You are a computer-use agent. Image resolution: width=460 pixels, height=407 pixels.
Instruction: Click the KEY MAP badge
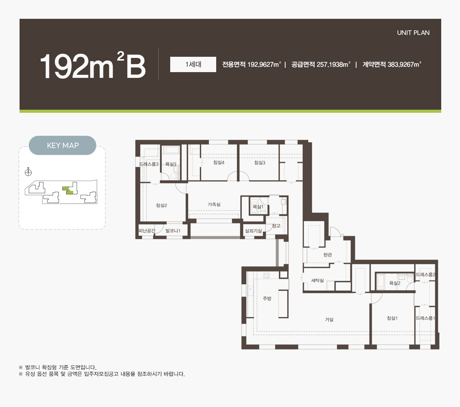(x=62, y=145)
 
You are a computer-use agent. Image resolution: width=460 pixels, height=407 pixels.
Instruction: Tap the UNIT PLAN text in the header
(x=413, y=33)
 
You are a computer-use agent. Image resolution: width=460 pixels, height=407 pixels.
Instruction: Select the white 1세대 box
(x=193, y=64)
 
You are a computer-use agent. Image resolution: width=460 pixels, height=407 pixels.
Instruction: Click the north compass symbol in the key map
(x=28, y=172)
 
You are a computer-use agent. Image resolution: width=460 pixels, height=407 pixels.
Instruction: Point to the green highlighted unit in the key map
(x=68, y=190)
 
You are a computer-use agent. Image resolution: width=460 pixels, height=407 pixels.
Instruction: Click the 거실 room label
(x=329, y=320)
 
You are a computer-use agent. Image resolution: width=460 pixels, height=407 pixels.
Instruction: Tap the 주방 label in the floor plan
(x=267, y=298)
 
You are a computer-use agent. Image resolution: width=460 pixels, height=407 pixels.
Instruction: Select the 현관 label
(x=328, y=255)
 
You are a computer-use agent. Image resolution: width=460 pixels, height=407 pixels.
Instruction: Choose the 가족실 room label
(x=214, y=204)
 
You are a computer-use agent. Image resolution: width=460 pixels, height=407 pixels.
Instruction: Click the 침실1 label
(x=392, y=318)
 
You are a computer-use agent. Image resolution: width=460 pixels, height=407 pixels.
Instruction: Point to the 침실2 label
(x=161, y=206)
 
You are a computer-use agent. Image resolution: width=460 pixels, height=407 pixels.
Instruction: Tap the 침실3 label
(x=260, y=163)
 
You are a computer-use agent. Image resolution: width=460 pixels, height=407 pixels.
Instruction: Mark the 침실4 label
(x=219, y=163)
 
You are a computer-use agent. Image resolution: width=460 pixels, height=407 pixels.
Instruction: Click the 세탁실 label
(x=317, y=280)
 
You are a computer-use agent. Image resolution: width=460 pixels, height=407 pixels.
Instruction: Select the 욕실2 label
(x=394, y=283)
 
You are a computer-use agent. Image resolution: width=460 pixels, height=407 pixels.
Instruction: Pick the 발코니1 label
(x=172, y=231)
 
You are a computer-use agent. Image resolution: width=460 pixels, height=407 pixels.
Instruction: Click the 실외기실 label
(x=253, y=231)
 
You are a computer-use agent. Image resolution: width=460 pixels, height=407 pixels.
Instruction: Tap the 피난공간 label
(x=147, y=231)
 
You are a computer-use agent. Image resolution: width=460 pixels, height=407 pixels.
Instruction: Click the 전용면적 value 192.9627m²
(x=264, y=64)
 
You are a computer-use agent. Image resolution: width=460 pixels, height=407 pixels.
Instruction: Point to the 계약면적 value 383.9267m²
(x=404, y=64)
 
